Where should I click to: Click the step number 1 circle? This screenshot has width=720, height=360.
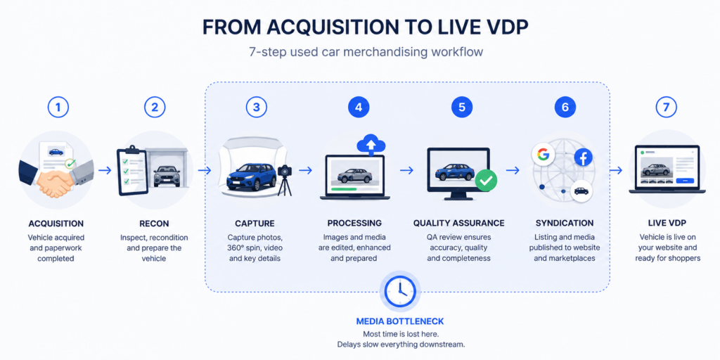click(x=58, y=108)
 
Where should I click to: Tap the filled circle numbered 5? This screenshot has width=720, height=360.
click(x=461, y=108)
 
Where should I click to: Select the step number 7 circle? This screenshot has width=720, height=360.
click(x=667, y=108)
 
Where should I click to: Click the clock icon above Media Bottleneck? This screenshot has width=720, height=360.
click(x=400, y=292)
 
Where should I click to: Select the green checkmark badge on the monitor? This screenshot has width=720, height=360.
click(x=486, y=181)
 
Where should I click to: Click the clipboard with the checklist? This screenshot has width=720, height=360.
click(x=133, y=171)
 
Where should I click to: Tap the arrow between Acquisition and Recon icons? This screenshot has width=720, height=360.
click(x=105, y=170)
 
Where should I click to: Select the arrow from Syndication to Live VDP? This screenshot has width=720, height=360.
click(x=616, y=170)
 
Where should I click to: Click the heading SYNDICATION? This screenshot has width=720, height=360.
click(x=565, y=224)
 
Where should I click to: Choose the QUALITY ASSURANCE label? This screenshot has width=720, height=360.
click(x=458, y=224)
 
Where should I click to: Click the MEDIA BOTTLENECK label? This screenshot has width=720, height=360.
click(x=400, y=321)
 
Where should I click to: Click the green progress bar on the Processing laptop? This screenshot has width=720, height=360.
click(x=347, y=188)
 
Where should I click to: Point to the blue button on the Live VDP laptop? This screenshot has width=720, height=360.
click(x=685, y=181)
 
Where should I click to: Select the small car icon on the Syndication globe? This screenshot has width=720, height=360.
click(x=581, y=191)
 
